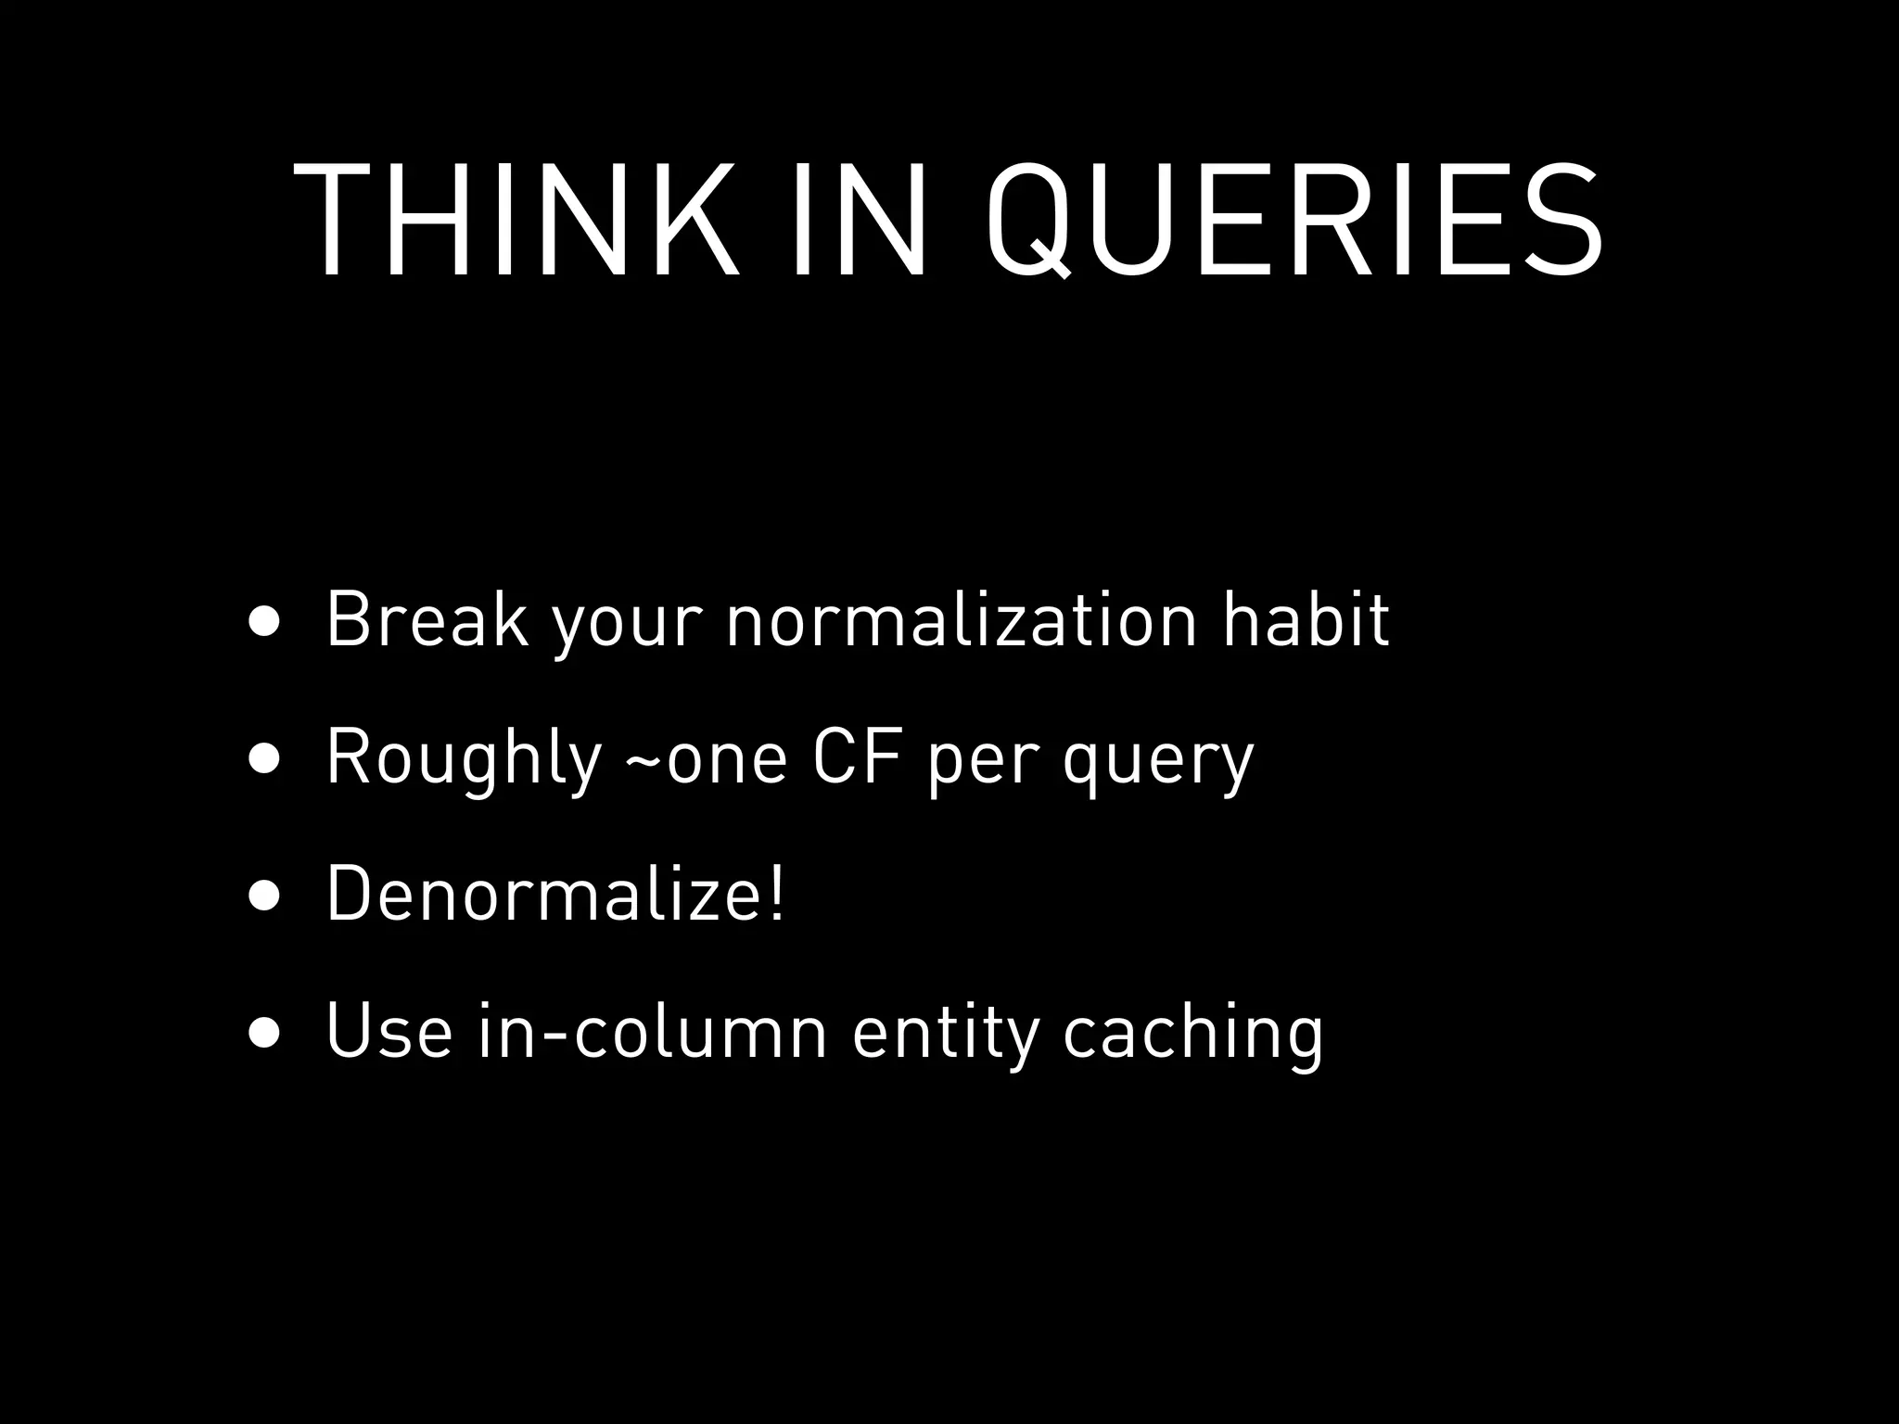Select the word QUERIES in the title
pyautogui.click(x=1294, y=222)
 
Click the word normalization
pyautogui.click(x=962, y=618)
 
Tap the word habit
pyautogui.click(x=1306, y=618)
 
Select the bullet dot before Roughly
pyautogui.click(x=263, y=757)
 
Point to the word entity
pyautogui.click(x=945, y=1033)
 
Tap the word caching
pyautogui.click(x=1193, y=1033)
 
